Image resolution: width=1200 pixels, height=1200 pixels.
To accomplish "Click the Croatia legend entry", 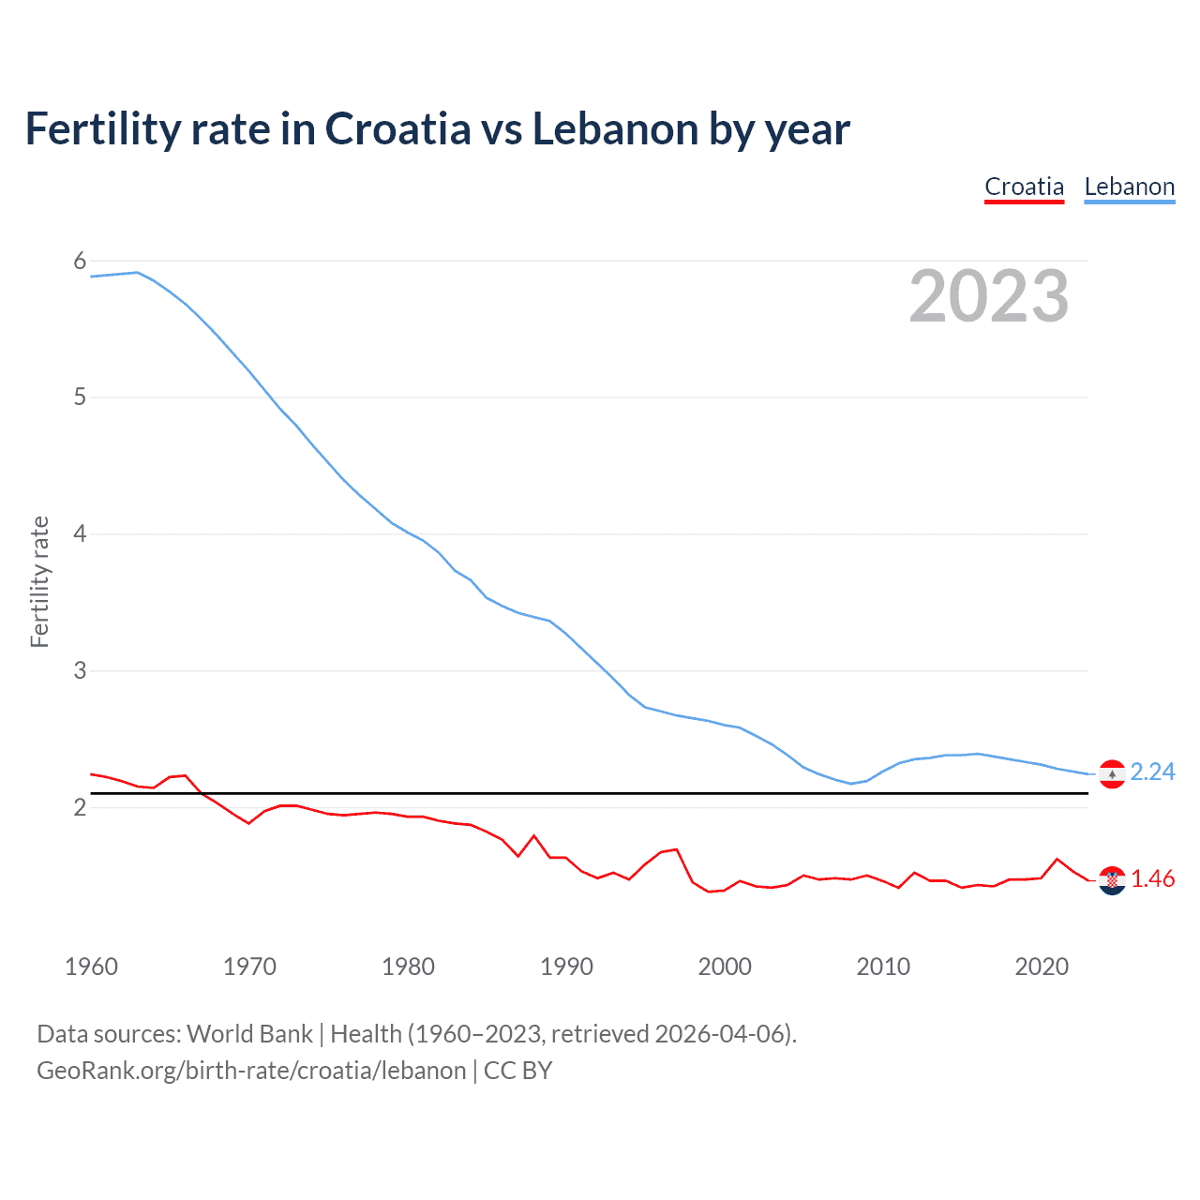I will (1024, 187).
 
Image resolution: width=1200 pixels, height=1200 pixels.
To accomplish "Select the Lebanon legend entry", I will (1129, 187).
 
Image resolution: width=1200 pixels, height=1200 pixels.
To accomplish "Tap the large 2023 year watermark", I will (988, 296).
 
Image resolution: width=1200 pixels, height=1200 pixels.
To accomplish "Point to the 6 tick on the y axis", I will (80, 261).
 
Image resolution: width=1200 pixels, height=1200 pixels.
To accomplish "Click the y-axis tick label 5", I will (80, 397).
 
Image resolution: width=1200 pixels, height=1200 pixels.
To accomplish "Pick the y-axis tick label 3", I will (80, 670).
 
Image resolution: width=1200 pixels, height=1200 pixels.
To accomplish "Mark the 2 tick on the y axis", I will (80, 807).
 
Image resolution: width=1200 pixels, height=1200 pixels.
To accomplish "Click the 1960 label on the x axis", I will (91, 967).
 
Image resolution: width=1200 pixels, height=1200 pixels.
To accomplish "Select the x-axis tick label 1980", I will (408, 967).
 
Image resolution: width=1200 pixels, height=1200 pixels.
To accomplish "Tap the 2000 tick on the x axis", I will (725, 967).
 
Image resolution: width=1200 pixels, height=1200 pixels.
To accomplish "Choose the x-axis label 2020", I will (1042, 967).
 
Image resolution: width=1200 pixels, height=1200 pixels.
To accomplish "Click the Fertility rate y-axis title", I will (39, 581).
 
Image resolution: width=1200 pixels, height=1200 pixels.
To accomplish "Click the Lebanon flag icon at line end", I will (1112, 773).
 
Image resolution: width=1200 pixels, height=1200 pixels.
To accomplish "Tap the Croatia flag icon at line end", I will (1112, 880).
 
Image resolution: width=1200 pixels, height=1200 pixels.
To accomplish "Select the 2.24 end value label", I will (1152, 772).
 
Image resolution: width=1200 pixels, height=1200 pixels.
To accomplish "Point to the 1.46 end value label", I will (1152, 878).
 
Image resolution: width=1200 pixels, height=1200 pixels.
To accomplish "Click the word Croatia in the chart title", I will (397, 129).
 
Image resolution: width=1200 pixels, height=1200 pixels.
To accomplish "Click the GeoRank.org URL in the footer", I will (251, 1071).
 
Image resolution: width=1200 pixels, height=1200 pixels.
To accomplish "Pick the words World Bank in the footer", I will (249, 1034).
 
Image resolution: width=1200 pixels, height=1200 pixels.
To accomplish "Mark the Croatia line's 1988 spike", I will (534, 835).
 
